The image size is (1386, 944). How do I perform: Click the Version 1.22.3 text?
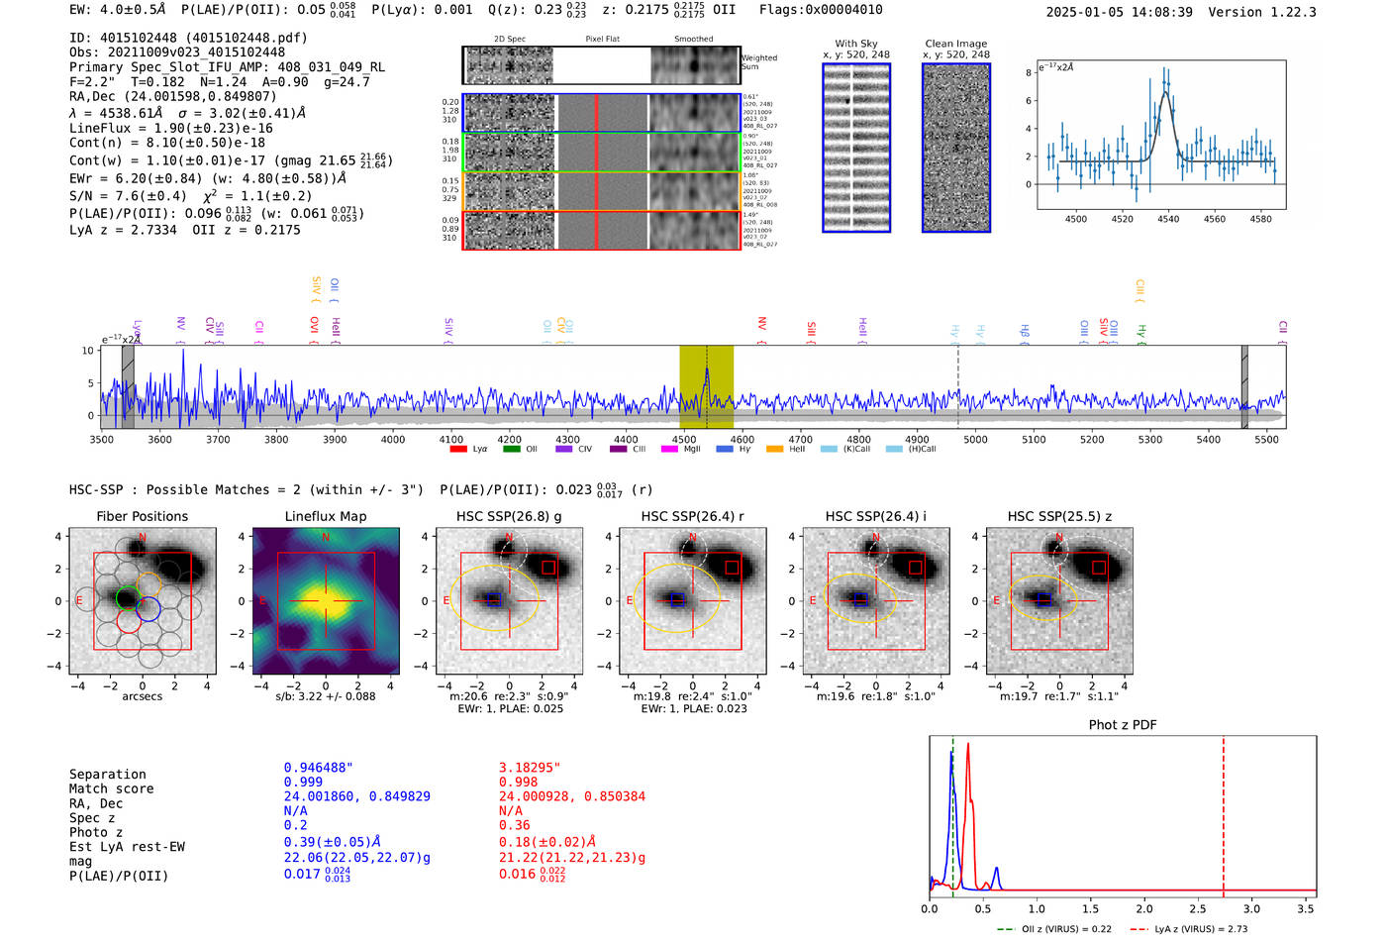point(1276,12)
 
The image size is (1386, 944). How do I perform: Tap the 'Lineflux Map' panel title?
point(325,516)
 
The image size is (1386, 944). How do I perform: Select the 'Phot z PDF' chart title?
point(1123,725)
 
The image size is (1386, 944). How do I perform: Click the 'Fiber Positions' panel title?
point(142,516)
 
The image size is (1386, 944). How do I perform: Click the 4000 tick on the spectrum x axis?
point(393,440)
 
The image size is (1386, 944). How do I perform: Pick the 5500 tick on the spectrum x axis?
point(1266,440)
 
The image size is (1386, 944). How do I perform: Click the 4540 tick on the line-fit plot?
point(1168,219)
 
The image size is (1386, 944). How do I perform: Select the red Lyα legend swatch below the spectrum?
point(458,449)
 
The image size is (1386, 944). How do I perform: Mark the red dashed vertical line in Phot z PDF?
point(1224,812)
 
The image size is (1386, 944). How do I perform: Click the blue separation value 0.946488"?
point(318,768)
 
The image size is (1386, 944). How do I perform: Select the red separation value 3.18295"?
point(529,768)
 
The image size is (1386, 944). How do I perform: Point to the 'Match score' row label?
point(111,788)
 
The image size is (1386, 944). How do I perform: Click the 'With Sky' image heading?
point(856,44)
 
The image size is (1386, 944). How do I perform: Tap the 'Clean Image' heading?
point(955,44)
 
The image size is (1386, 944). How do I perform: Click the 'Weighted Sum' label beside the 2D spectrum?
point(758,62)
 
